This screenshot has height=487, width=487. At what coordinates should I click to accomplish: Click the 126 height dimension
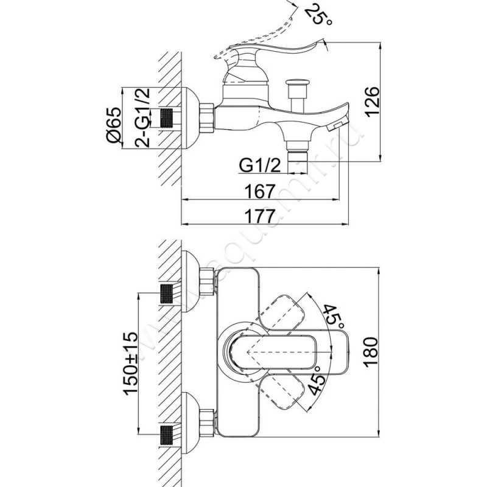(373, 101)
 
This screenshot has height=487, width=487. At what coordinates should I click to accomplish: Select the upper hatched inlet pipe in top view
(167, 293)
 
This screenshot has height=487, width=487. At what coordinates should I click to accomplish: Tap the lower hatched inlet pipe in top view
(167, 436)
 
